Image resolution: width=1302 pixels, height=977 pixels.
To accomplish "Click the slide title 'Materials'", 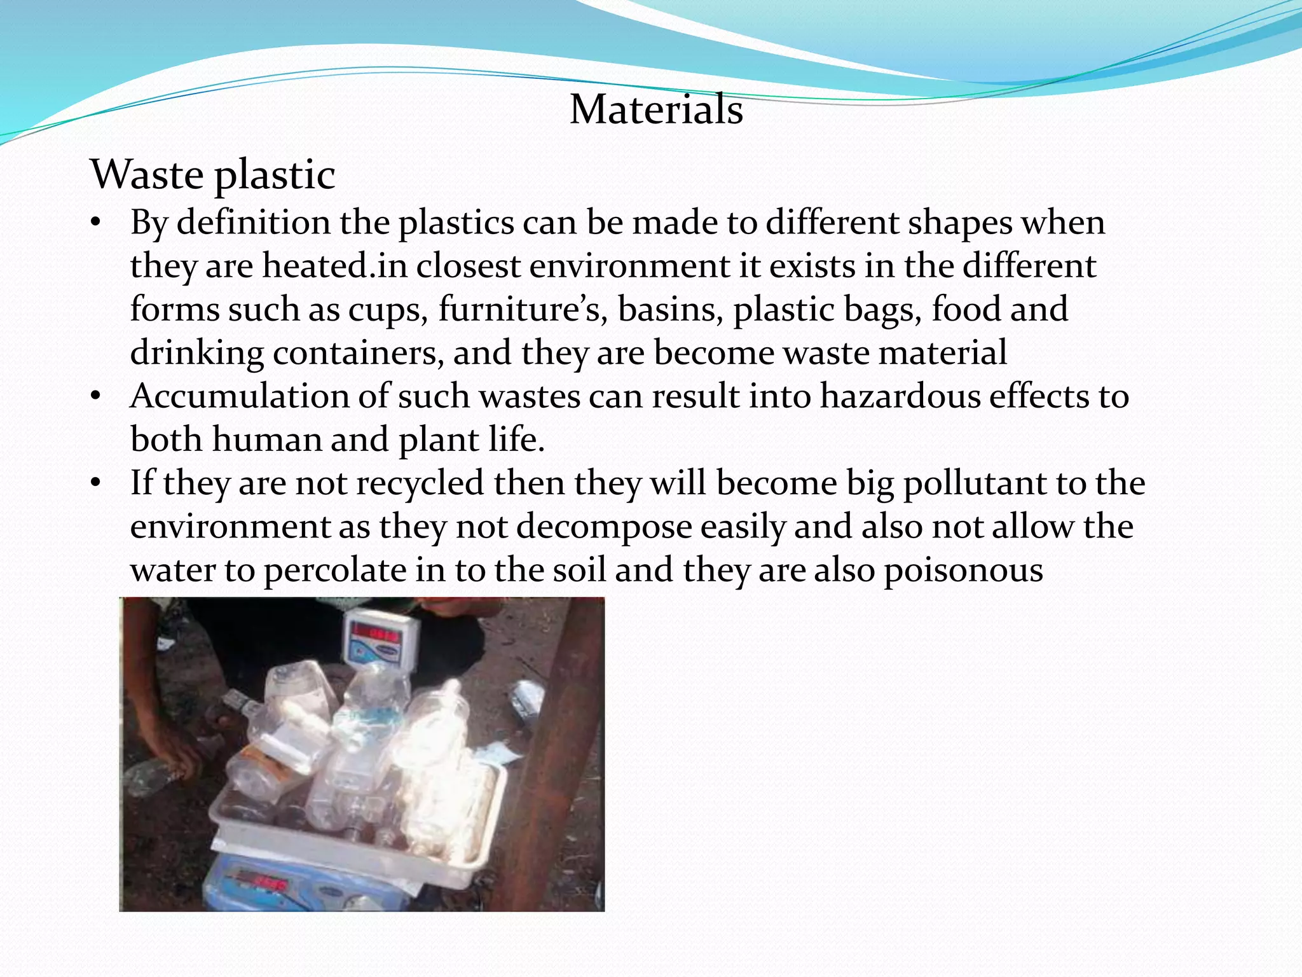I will click(x=656, y=109).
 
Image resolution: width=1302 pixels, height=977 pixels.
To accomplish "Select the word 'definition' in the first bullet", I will click(x=253, y=223).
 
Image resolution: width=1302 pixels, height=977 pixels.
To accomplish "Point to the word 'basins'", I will click(x=670, y=310).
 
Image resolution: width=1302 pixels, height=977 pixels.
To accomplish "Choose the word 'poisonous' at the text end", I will click(x=963, y=571).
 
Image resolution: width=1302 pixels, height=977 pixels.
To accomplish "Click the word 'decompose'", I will click(x=604, y=527).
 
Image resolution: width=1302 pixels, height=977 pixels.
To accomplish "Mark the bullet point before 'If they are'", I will click(x=96, y=484).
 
